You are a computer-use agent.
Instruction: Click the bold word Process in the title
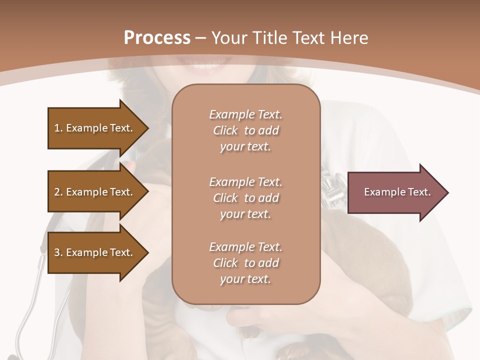[157, 37]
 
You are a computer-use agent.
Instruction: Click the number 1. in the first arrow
[58, 128]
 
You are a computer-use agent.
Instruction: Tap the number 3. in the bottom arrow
[58, 252]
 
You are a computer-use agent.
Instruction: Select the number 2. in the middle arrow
[58, 192]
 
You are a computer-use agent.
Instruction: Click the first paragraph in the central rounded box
[245, 130]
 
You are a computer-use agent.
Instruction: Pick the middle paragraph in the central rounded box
[245, 198]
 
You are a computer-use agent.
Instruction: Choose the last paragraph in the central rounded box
[245, 263]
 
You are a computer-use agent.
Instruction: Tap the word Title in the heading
[270, 37]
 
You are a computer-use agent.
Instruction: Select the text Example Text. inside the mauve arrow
[397, 192]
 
